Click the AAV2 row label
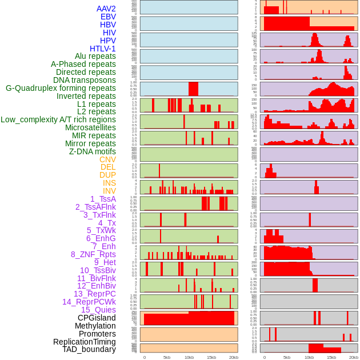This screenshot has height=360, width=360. click(106, 9)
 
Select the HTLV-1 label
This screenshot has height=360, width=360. click(103, 49)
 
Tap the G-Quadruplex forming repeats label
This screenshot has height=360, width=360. click(61, 88)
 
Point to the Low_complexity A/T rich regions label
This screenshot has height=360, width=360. click(58, 119)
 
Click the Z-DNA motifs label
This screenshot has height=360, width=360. click(93, 151)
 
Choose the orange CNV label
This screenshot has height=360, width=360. click(107, 159)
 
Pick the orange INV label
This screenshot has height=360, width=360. click(109, 191)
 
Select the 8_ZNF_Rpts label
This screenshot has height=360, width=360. click(93, 254)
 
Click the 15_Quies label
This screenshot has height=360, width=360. click(98, 310)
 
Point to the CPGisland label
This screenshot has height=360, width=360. click(97, 318)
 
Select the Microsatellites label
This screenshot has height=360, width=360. click(90, 127)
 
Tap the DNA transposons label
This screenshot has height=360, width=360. click(85, 80)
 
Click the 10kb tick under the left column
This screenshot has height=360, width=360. click(189, 357)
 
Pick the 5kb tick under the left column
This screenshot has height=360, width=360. click(167, 357)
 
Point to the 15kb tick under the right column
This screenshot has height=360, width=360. click(331, 357)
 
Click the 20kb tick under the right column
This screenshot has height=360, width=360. click(354, 357)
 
